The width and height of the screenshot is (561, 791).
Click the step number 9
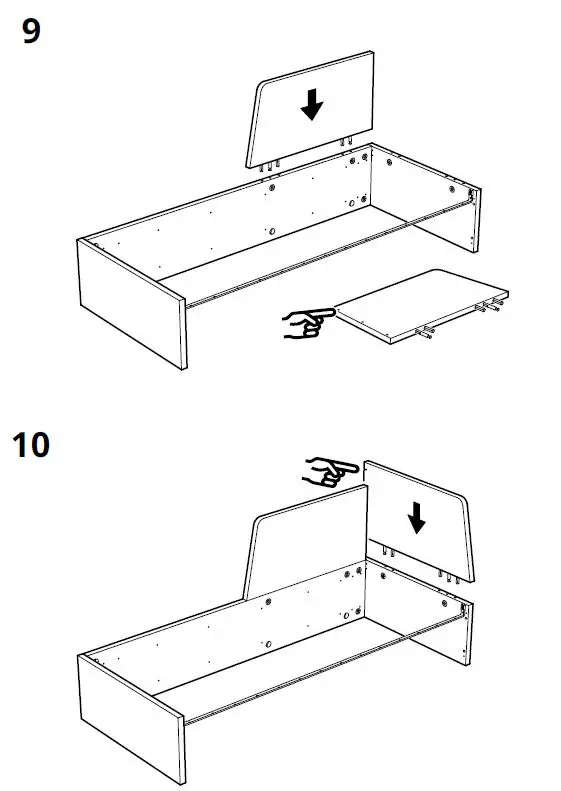click(x=31, y=32)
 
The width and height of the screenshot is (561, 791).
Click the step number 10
click(x=31, y=444)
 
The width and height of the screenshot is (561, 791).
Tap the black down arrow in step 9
click(x=313, y=104)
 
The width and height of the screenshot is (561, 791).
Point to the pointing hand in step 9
click(x=308, y=321)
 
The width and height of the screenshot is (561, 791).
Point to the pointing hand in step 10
click(x=331, y=470)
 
